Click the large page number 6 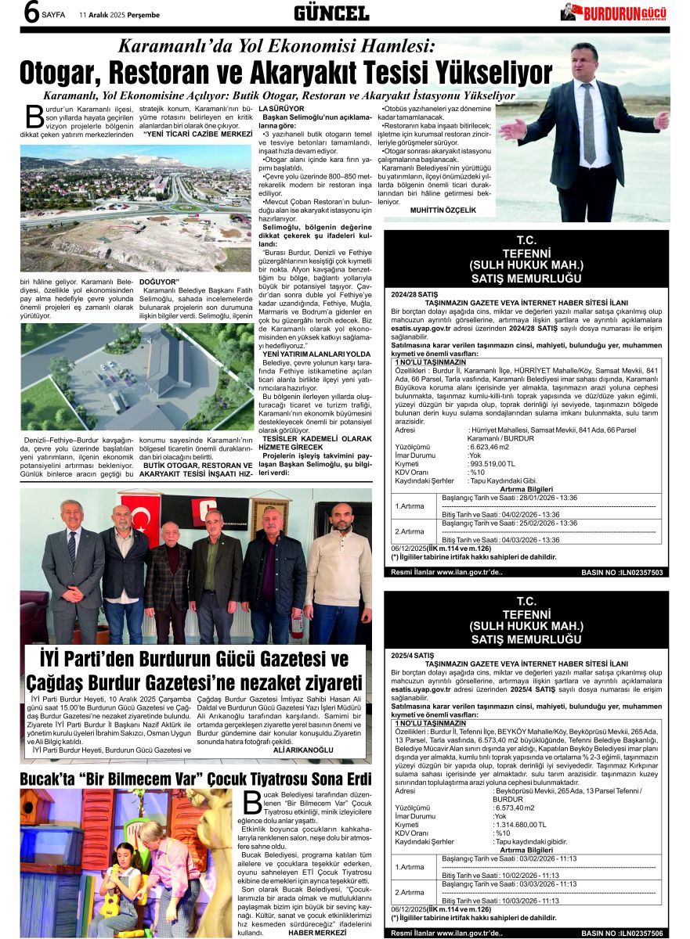click(31, 13)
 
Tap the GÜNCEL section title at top click(331, 13)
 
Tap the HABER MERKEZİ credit click(317, 933)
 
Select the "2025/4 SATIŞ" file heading click(411, 654)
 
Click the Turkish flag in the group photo click(143, 513)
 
